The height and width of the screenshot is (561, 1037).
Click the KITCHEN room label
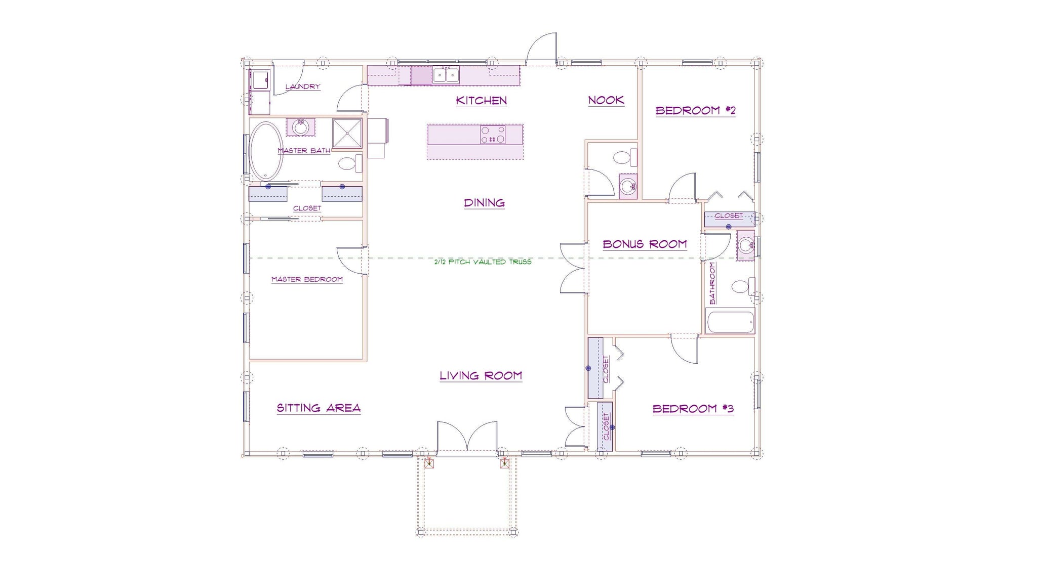coord(481,100)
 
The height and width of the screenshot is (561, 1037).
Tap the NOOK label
coord(606,100)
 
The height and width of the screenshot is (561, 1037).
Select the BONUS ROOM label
coord(645,244)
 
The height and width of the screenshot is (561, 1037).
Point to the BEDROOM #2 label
coord(695,110)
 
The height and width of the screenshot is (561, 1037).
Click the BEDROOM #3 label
coord(693,409)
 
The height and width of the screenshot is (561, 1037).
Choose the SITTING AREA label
coord(318,408)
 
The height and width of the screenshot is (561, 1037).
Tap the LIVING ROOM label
coord(481,375)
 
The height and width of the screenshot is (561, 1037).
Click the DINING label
coord(484,203)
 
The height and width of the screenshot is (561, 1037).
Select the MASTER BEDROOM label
coord(307,279)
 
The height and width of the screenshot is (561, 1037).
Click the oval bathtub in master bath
coord(266,150)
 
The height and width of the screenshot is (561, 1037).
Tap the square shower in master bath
coord(347,133)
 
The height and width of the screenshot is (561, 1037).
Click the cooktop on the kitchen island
coord(493,135)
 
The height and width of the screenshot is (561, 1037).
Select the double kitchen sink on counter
coord(446,75)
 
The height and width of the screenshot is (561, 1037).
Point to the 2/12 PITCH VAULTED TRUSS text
coord(483,262)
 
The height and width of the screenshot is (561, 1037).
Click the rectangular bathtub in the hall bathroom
coord(730,322)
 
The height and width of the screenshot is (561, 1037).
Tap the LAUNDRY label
coord(302,87)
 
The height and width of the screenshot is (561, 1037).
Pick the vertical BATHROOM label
coord(712,283)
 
